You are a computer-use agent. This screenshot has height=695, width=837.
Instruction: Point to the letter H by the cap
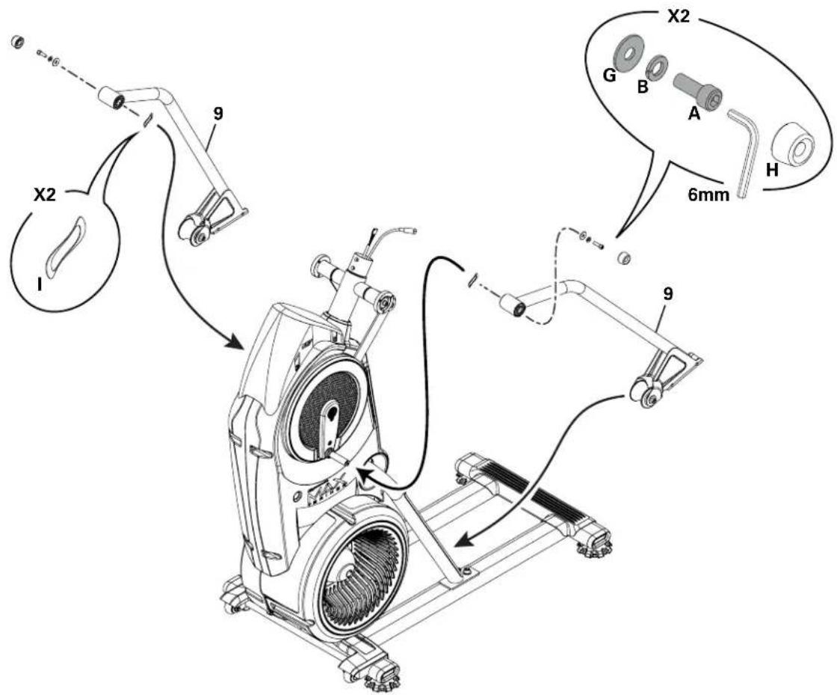point(773,171)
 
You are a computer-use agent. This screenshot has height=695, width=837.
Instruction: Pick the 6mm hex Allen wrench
point(744,150)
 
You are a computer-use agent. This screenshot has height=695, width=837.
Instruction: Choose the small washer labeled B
point(658,65)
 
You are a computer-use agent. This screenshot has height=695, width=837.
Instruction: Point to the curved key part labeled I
point(65,242)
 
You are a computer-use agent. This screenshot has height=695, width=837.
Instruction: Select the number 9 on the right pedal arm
point(668,293)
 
